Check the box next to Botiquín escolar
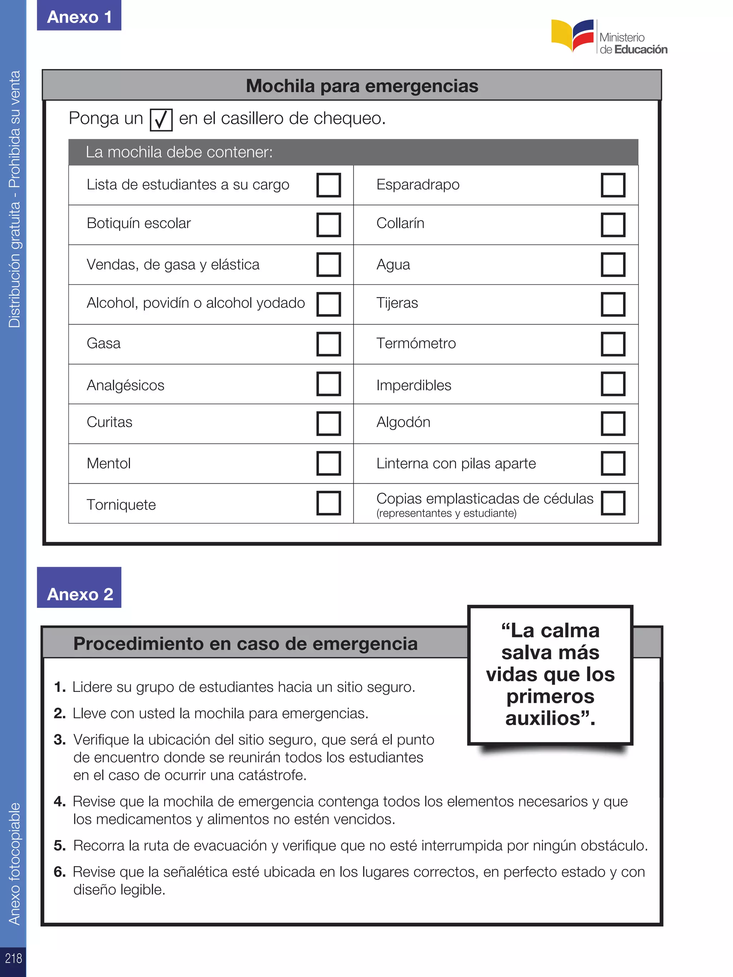[x=328, y=224]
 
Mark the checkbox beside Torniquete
[x=328, y=503]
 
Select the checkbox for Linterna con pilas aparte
[x=613, y=463]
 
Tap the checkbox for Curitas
[x=328, y=423]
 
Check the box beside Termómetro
[x=613, y=344]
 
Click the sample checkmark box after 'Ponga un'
[x=161, y=120]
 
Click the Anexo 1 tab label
[x=79, y=17]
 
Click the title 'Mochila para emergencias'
[x=362, y=86]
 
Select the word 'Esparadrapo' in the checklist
[x=418, y=184]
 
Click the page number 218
[x=13, y=958]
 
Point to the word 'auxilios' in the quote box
[x=543, y=718]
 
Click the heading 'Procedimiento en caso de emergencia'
[x=245, y=644]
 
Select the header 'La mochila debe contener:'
[x=179, y=152]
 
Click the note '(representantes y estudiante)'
[x=446, y=513]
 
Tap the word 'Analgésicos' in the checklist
[x=126, y=385]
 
